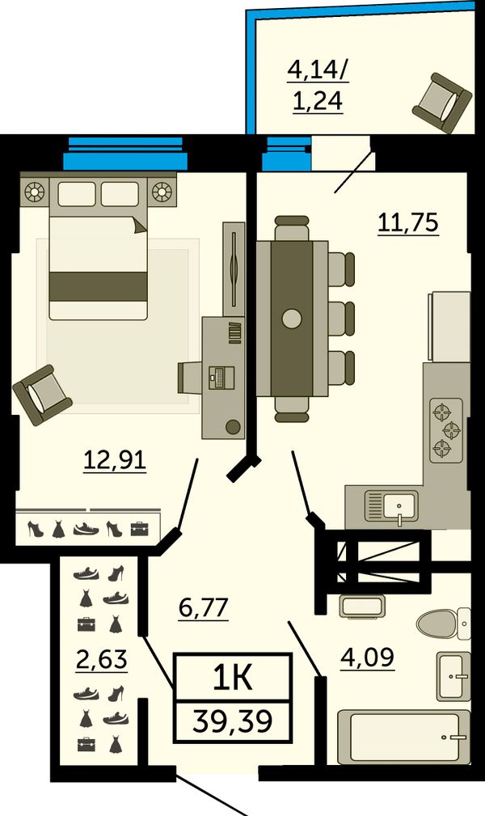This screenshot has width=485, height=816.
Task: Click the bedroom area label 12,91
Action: pos(115,460)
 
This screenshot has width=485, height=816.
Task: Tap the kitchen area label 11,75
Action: pos(408,222)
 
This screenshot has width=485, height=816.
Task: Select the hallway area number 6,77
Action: pos(204,608)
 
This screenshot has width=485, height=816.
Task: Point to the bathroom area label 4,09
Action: pos(368,657)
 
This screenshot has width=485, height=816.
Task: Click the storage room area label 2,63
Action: pos(102,660)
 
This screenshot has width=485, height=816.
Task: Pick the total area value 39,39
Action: pos(232,721)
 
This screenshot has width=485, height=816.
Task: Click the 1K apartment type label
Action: pos(233,677)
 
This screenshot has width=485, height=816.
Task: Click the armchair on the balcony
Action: pos(442,104)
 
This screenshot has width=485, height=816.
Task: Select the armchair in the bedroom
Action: pos(42,395)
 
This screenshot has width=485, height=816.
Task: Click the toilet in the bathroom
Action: pos(443,623)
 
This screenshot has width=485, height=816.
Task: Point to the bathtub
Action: pos(404,737)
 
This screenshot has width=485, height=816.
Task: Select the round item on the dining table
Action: pos(292,319)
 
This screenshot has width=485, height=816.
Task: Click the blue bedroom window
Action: pos(125,153)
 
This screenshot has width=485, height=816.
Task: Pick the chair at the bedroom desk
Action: pos(190,378)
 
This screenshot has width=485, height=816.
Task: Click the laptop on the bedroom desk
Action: pos(221,378)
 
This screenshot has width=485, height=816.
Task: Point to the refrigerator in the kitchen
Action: pos(449,327)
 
